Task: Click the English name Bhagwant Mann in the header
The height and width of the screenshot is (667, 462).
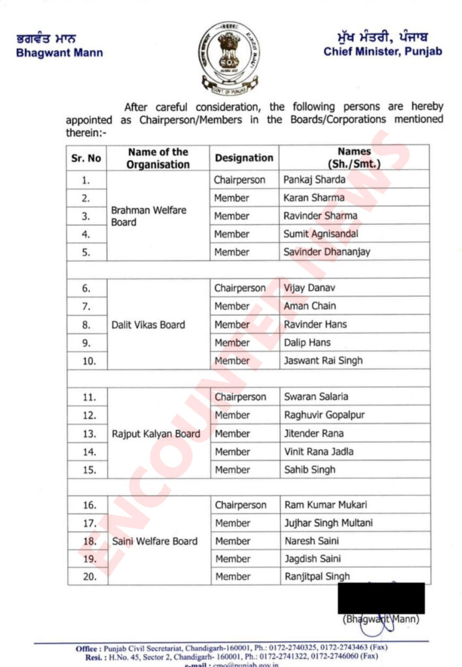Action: (x=59, y=53)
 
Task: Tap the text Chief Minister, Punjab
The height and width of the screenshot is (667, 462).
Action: (x=383, y=51)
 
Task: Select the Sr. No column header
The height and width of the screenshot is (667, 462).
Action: (x=86, y=158)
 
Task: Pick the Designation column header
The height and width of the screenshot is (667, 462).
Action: (x=244, y=158)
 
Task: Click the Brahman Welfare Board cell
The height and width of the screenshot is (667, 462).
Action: (x=139, y=216)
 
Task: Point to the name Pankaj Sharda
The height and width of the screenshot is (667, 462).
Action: (x=311, y=179)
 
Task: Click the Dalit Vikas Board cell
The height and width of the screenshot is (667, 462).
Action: (x=148, y=324)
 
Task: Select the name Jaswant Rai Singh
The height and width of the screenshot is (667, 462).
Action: (x=323, y=361)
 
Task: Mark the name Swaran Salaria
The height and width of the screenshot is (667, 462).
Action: (x=316, y=397)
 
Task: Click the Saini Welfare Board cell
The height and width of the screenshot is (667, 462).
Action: (x=154, y=541)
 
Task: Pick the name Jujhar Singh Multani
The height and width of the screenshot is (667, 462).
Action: (x=328, y=523)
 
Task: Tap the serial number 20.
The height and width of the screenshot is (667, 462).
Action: (x=90, y=576)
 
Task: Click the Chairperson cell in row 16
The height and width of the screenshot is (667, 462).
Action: (x=240, y=505)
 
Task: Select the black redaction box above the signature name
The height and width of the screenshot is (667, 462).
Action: (x=381, y=598)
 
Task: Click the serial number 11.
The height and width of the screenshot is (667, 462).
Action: (x=89, y=397)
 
